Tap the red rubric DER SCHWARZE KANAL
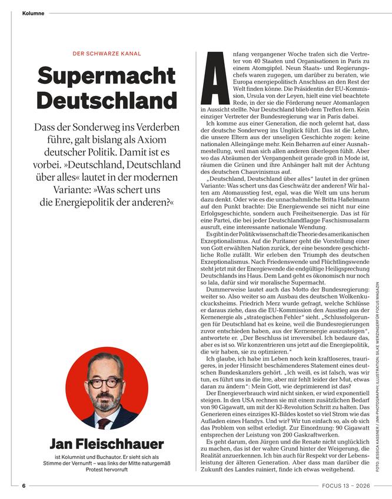107,54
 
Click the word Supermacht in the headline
107,76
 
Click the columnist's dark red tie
105,423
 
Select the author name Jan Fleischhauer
107,444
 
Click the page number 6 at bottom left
24,486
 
